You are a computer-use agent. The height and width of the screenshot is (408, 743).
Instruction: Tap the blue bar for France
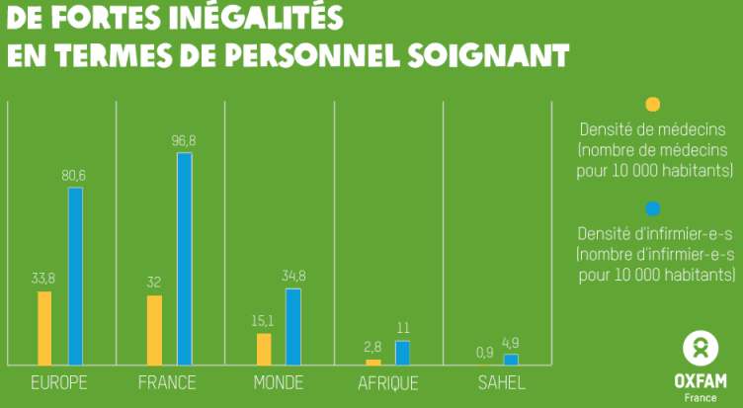[x=185, y=259]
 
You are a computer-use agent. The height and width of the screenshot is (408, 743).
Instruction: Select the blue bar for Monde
[x=293, y=327]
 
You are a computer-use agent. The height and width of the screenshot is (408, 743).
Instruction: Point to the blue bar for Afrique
[x=402, y=353]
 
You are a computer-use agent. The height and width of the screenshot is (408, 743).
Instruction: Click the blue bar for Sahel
[x=511, y=360]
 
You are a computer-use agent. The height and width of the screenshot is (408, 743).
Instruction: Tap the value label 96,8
[x=184, y=141]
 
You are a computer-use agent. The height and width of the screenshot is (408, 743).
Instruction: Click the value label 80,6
[x=75, y=176]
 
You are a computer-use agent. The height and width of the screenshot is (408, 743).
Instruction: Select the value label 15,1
[x=262, y=321]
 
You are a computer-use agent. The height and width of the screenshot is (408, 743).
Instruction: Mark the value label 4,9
[x=510, y=343]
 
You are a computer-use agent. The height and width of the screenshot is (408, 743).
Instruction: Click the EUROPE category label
[x=59, y=383]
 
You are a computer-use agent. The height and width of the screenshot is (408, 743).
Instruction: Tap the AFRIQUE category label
[x=388, y=383]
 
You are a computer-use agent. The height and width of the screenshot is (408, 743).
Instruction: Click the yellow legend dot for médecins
[x=652, y=105]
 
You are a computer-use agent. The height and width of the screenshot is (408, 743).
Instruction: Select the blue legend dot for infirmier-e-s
[x=652, y=208]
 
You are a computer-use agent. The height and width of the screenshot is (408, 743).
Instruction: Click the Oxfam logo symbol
[x=700, y=349]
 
